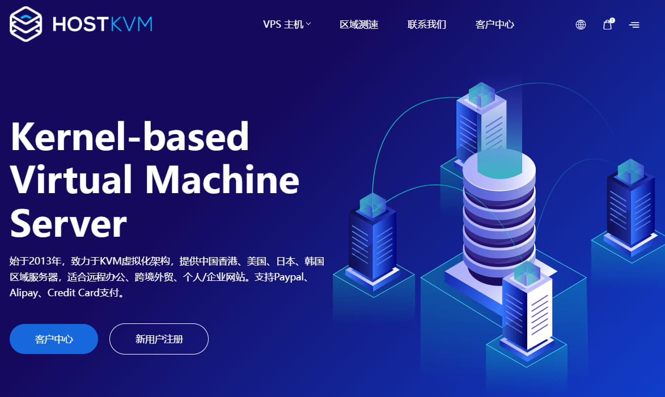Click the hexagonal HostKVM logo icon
[x=26, y=24]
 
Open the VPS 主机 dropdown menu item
[x=287, y=24]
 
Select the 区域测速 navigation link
[x=359, y=24]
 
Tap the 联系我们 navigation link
[x=427, y=24]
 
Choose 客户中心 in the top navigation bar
[x=495, y=24]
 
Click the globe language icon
[x=581, y=24]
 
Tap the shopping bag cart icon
[x=608, y=24]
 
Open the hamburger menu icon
[x=634, y=25]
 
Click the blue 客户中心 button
[x=54, y=339]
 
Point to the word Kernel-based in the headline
[x=130, y=136]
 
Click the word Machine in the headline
[x=222, y=180]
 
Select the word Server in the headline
[x=68, y=223]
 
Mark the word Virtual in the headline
[x=71, y=180]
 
